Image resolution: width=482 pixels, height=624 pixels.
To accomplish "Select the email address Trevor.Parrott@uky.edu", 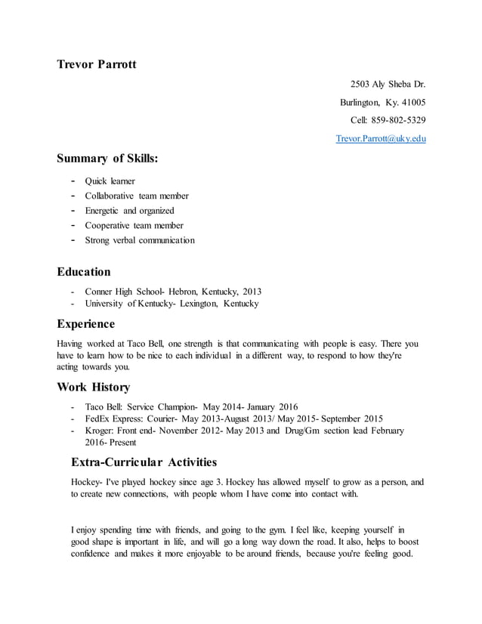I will [381, 139].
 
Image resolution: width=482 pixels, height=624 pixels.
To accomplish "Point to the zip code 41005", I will [412, 102].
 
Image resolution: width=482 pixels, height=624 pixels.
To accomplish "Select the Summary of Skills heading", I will [107, 159].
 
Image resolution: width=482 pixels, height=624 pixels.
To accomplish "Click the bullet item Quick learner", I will [110, 181].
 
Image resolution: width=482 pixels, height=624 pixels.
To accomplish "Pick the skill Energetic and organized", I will [129, 210].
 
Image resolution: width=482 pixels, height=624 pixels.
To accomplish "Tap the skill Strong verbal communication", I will [140, 240].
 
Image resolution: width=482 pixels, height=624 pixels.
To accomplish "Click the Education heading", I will [84, 271].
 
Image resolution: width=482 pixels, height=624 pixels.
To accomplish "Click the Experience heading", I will [86, 324].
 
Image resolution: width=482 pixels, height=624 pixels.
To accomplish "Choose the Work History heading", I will [94, 387].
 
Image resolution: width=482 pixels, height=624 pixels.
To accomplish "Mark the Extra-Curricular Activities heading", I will [144, 462].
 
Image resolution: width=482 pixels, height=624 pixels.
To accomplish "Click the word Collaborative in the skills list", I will [110, 196].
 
